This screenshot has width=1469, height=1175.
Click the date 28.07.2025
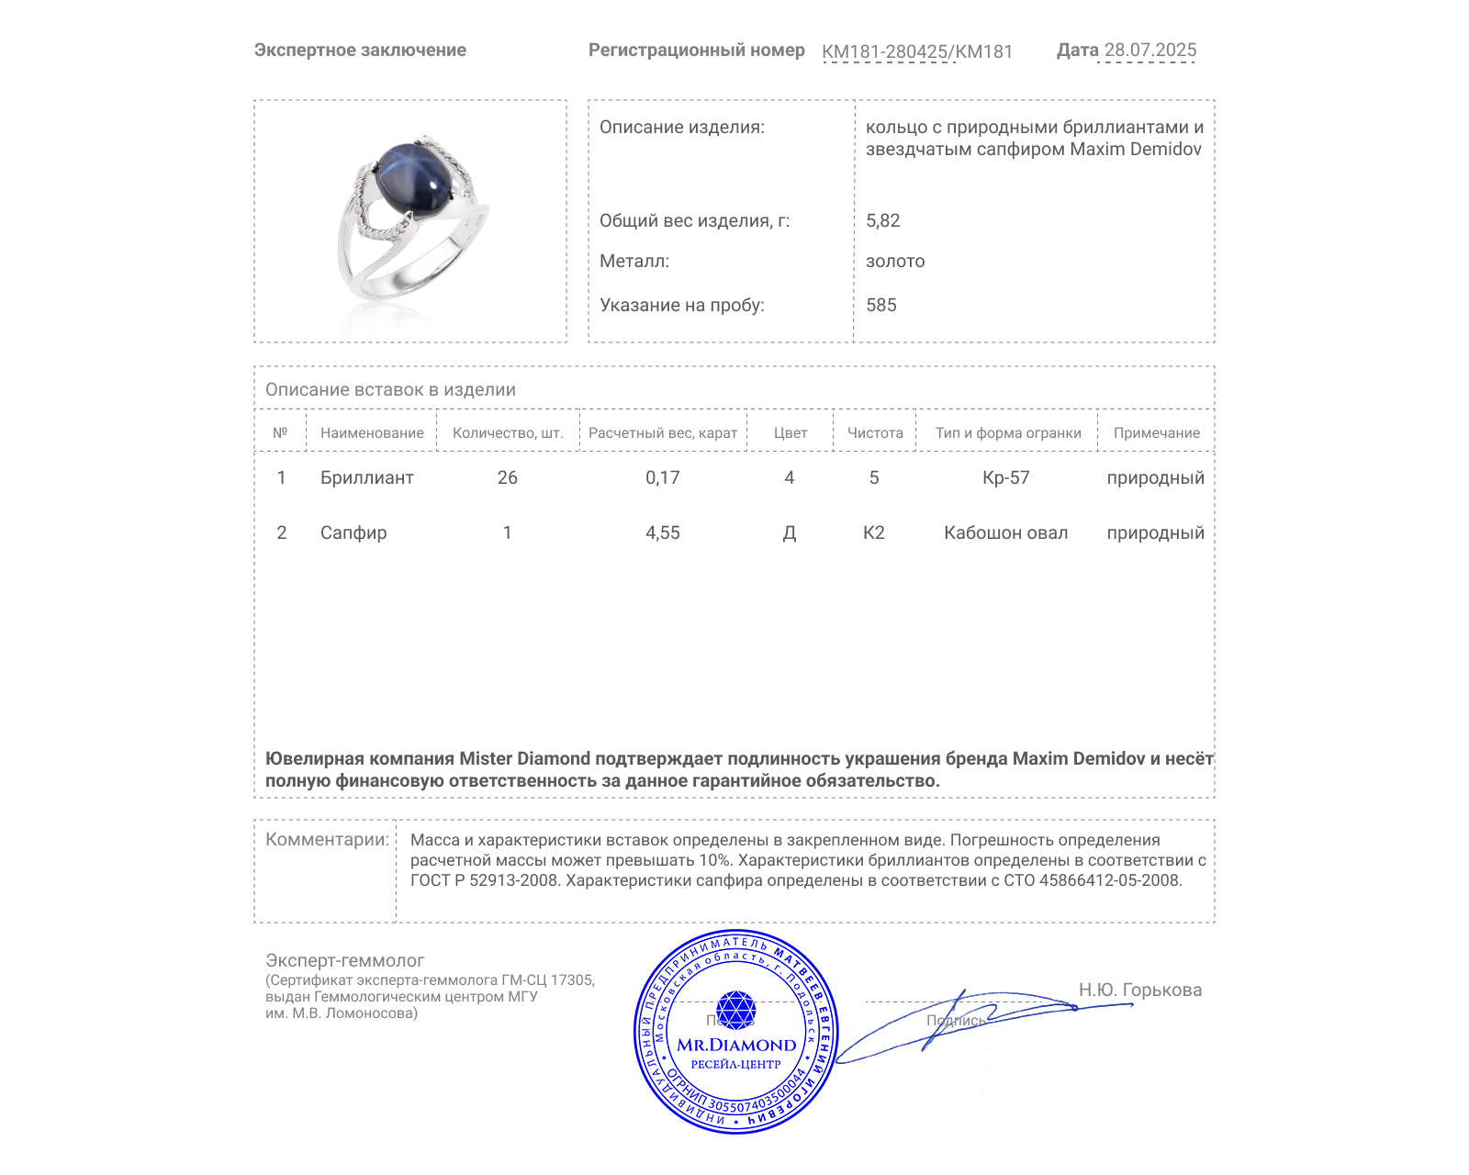point(1149,50)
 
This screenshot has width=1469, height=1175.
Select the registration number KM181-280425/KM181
point(916,51)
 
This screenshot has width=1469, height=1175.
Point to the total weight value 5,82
point(882,220)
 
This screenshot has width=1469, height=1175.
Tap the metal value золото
point(894,261)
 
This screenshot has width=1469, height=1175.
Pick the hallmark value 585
point(880,305)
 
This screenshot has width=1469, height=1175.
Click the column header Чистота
point(874,432)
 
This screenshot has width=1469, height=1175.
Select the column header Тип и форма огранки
point(1007,432)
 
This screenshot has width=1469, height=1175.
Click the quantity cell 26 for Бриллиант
point(507,477)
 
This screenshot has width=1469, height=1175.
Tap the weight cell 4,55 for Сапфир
point(662,532)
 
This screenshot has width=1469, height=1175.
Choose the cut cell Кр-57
point(1005,477)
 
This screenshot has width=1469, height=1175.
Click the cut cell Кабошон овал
point(1005,532)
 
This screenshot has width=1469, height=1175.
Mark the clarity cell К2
point(873,532)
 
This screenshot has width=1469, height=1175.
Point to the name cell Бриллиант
point(366,477)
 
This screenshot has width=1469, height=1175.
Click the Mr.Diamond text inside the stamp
point(735,1045)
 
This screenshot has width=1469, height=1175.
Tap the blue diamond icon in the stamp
point(735,1010)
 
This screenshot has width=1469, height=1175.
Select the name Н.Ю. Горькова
point(1139,990)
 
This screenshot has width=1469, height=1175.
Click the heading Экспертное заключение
point(360,50)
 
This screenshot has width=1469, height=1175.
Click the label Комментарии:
point(326,839)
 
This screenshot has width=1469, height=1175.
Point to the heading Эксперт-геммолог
point(344,960)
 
